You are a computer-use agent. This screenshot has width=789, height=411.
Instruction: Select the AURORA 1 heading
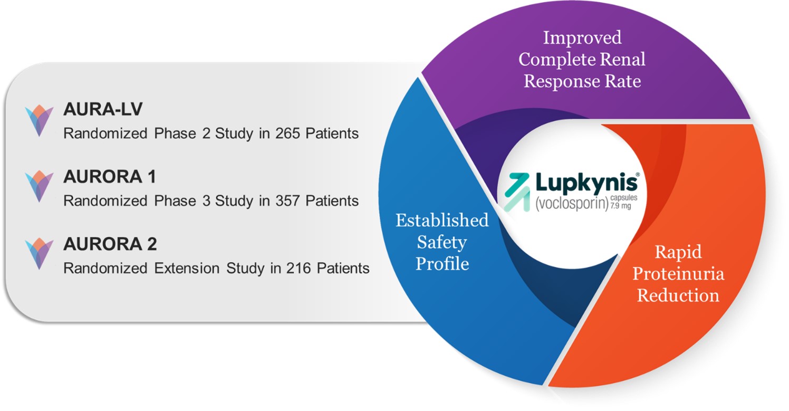tap(109, 177)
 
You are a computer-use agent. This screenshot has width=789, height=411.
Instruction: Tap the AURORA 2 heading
tap(110, 244)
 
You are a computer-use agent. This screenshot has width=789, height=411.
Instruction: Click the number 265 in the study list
tap(288, 133)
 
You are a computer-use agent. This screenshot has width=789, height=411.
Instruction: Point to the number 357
tap(288, 200)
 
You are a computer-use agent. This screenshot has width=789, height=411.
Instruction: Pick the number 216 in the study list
tap(299, 268)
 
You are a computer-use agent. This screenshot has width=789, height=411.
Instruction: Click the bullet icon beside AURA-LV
tap(40, 121)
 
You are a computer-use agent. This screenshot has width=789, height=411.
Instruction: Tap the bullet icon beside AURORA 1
tap(40, 186)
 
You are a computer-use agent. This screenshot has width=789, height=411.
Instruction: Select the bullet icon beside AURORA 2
tap(40, 254)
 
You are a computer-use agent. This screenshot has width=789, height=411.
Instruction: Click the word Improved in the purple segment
tap(582, 37)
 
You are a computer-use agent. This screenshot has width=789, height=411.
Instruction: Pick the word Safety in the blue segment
tap(442, 242)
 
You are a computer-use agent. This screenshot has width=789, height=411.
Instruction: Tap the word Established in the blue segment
tap(442, 220)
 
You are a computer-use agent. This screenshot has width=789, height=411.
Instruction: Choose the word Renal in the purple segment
tap(626, 59)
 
